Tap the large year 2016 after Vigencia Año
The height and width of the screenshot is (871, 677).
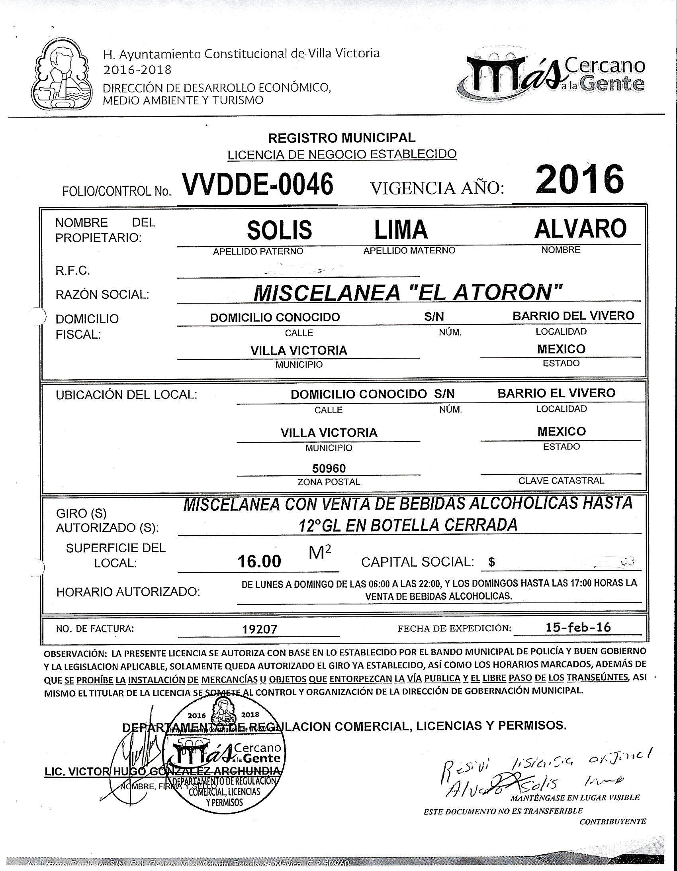pos(579,179)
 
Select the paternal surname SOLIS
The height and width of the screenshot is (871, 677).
pos(279,230)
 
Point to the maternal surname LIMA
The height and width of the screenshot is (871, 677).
pos(401,230)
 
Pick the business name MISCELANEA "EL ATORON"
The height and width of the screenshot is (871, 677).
pos(408,293)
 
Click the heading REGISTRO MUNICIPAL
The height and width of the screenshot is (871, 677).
pos(341,138)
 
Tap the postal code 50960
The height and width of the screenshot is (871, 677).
pos(329,468)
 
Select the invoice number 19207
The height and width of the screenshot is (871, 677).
pos(260,629)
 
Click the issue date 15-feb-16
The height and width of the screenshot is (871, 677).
pos(578,627)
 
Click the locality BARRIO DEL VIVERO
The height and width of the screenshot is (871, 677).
pos(573,316)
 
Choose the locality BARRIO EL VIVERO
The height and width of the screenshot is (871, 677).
pos(556,393)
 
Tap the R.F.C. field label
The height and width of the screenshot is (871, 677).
pos(72,271)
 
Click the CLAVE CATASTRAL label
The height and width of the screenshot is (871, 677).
pos(561,481)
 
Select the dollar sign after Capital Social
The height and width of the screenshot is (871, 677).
pos(491,562)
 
